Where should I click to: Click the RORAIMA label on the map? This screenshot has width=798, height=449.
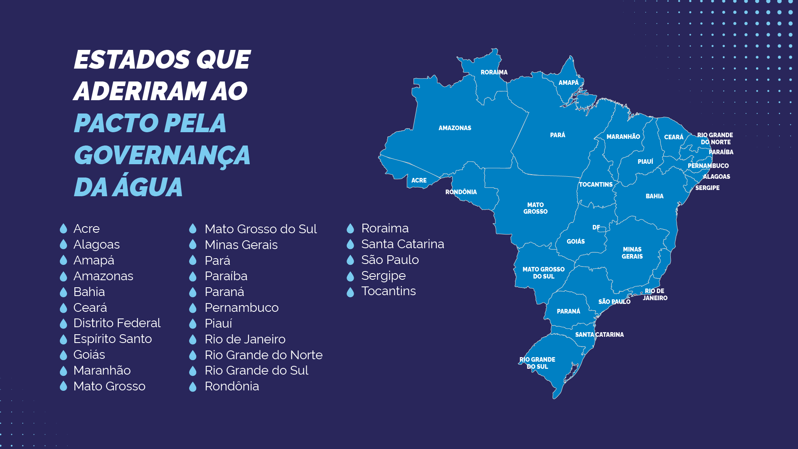(494, 72)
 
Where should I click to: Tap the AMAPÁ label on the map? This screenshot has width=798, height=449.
(568, 83)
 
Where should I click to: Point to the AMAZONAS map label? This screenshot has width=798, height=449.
(455, 128)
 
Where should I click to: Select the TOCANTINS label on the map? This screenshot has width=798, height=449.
(596, 185)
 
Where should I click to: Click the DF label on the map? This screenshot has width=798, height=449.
(596, 227)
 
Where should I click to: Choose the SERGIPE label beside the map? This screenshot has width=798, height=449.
(707, 188)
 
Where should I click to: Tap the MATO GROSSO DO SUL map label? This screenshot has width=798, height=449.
(543, 273)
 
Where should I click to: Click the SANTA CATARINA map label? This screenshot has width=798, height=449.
(599, 335)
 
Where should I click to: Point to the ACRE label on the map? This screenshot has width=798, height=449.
(419, 180)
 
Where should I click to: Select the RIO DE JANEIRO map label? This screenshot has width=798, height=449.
(655, 294)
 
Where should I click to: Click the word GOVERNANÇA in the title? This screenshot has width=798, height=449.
(162, 155)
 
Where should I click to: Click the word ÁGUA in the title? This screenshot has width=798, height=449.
(149, 187)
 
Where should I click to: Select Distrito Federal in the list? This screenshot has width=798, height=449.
(117, 323)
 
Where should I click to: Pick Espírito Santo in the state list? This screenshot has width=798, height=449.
(112, 339)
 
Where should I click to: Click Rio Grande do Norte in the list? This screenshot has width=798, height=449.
(264, 355)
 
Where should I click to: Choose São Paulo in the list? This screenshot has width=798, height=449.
(390, 260)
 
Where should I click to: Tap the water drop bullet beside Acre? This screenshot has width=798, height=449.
(63, 228)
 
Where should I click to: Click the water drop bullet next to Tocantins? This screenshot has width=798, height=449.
(350, 292)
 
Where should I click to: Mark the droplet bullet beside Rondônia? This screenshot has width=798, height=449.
(192, 387)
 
